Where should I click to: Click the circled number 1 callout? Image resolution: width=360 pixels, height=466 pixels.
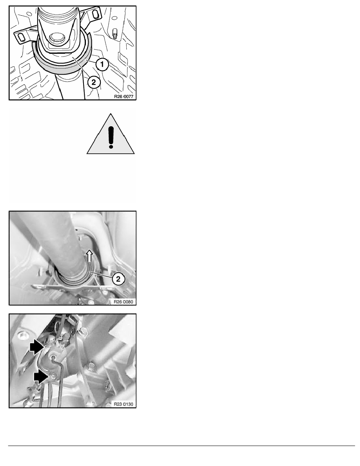[x=102, y=64]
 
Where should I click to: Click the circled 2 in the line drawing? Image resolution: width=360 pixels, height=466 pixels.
[x=94, y=82]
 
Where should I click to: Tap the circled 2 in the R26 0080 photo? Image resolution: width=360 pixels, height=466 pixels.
[x=118, y=279]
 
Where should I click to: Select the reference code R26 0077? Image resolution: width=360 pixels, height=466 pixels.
[x=124, y=96]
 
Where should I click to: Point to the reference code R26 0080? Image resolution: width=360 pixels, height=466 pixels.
[x=124, y=302]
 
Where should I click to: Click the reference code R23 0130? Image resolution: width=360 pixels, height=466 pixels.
[x=124, y=404]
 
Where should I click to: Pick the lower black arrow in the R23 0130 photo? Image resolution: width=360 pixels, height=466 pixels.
[x=41, y=377]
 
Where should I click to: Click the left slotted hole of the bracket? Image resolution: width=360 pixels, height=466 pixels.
[x=21, y=37]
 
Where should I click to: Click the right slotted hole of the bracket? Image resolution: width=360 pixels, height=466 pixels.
[x=95, y=14]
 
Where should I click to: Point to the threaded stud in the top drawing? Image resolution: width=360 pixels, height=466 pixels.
[x=115, y=33]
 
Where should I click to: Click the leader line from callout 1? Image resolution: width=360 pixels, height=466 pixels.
[x=92, y=61]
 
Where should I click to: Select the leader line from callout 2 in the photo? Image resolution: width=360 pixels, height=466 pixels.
[x=101, y=275]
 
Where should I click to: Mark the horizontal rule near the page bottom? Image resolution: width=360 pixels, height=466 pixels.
[x=182, y=446]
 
